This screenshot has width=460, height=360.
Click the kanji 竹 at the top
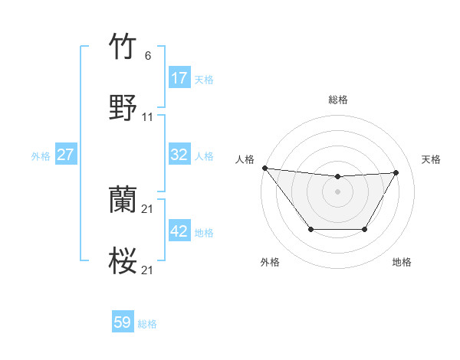(x=123, y=47)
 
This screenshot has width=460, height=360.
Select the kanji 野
(x=123, y=108)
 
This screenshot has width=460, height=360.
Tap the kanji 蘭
(x=123, y=201)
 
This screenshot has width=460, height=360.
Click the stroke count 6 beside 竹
(x=147, y=56)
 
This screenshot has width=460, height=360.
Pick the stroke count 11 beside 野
(x=148, y=117)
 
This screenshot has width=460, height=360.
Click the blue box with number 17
(x=179, y=78)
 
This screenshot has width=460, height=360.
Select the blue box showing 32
(x=179, y=155)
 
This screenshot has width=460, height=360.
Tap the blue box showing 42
(x=179, y=231)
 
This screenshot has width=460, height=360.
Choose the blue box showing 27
(x=66, y=155)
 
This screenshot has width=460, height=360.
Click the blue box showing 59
(x=123, y=322)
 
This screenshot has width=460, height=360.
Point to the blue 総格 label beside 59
(x=147, y=324)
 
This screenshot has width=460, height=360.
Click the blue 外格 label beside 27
(x=41, y=156)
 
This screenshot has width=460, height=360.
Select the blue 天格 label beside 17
(x=204, y=80)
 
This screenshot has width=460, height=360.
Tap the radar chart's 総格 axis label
(x=338, y=100)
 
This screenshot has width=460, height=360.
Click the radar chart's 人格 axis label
(x=245, y=159)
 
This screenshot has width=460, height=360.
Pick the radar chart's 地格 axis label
(x=402, y=262)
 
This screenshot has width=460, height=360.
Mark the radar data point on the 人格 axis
(x=264, y=168)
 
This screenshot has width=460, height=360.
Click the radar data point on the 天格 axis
(x=396, y=172)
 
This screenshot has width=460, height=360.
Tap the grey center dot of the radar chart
(x=337, y=191)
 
